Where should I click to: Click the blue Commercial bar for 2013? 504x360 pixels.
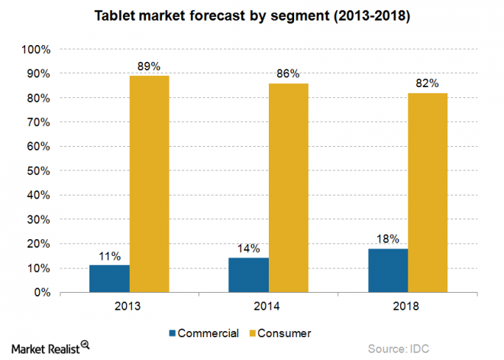(x=109, y=279)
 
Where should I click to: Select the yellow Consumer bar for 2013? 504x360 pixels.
(x=149, y=184)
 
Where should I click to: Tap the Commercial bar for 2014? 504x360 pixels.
(x=249, y=275)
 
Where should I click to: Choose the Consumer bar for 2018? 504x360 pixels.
(x=428, y=193)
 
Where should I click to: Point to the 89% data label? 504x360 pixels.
(x=149, y=66)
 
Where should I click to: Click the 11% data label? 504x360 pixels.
(x=109, y=256)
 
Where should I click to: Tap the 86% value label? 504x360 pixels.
(x=289, y=74)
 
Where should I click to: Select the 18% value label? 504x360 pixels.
(x=388, y=239)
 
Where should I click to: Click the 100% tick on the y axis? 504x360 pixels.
(x=37, y=50)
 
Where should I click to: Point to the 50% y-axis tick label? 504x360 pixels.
(x=39, y=171)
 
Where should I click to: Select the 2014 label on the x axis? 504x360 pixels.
(x=269, y=306)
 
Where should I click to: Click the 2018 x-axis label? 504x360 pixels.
(x=408, y=306)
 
